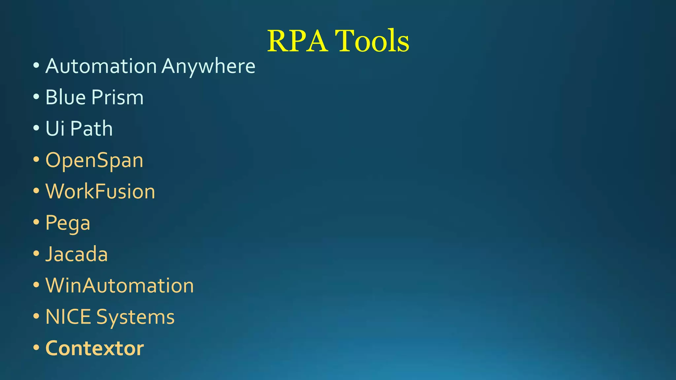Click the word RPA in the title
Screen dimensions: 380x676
[297, 41]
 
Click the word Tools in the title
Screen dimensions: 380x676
[372, 41]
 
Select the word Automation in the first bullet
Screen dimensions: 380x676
[101, 66]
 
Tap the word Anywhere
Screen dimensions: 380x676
[208, 66]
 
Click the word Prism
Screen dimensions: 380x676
[118, 97]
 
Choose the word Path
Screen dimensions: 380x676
[91, 128]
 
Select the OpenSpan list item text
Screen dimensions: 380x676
[94, 160]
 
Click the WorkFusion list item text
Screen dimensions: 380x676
[100, 191]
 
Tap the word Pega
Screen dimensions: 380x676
[68, 223]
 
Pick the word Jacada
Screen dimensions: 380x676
[77, 254]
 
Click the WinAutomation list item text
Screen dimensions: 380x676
[119, 285]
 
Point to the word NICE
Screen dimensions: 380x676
[68, 317]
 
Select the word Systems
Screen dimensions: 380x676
[135, 317]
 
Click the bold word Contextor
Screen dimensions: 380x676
[94, 348]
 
